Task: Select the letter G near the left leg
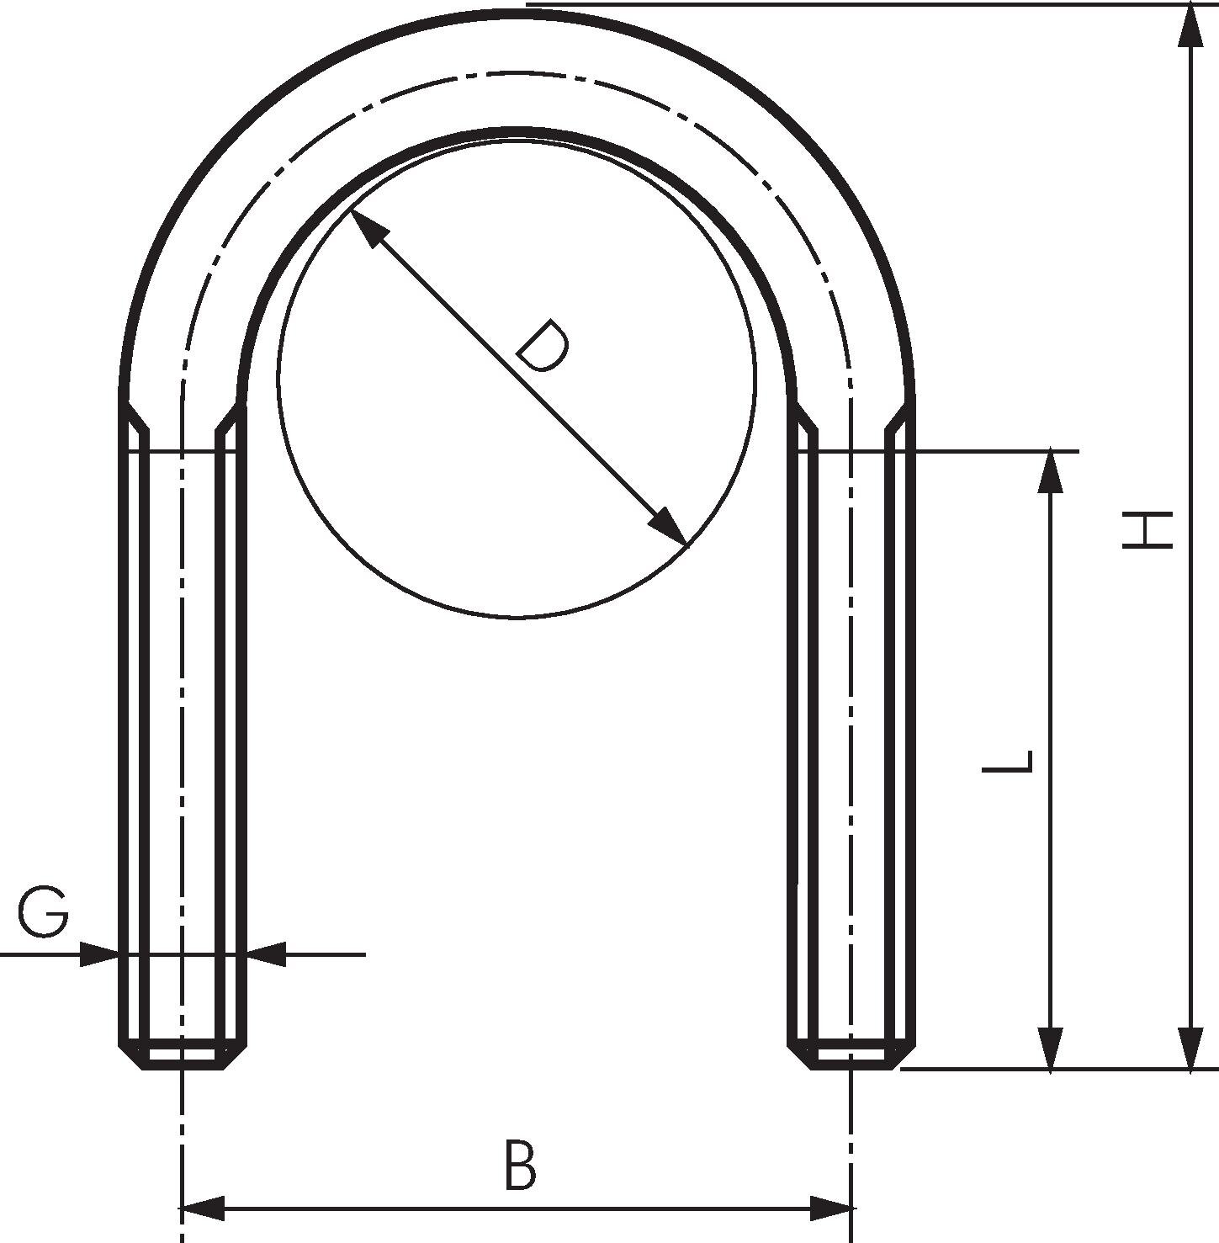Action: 44,913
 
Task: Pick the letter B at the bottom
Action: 520,1166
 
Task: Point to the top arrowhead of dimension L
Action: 1050,473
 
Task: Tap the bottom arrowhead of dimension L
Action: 1050,1048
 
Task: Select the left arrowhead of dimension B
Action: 203,1208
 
